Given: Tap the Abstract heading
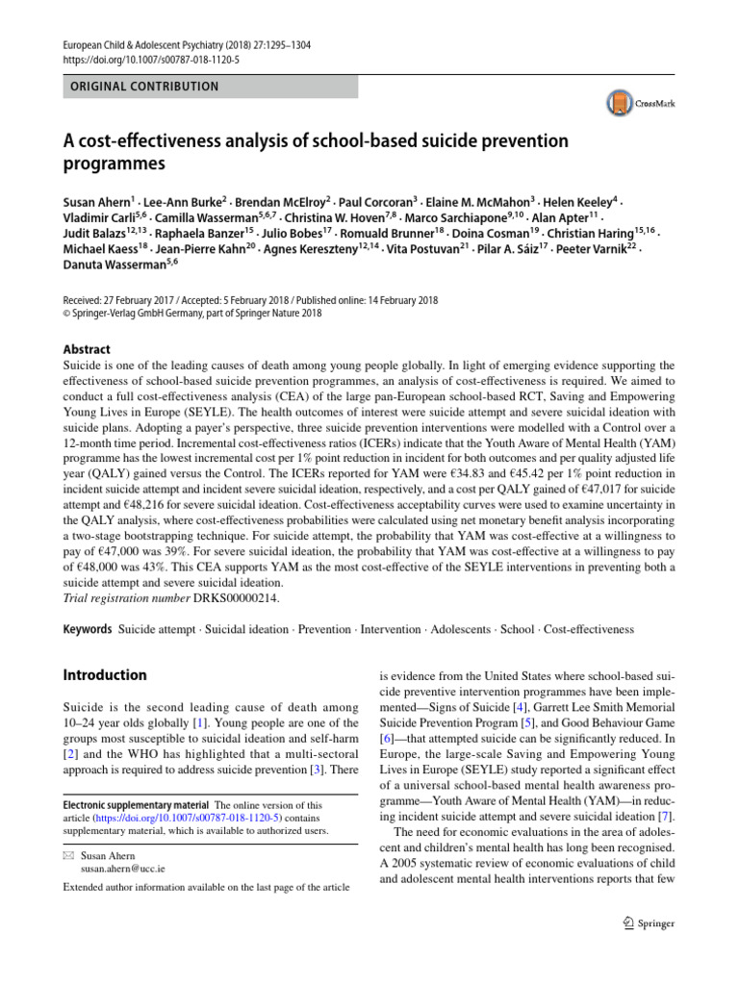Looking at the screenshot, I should tap(87, 350).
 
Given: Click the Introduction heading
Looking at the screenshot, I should tap(105, 675).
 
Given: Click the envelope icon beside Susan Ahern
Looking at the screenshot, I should tap(68, 853).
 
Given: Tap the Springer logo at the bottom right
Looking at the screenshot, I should tap(642, 924).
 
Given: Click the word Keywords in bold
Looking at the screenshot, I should tap(87, 629).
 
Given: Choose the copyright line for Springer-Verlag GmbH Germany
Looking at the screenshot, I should tap(192, 313).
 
